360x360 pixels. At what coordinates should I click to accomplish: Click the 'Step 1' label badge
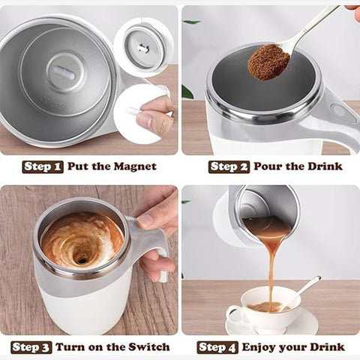click(x=43, y=166)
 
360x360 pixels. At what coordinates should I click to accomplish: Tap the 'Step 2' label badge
click(x=229, y=166)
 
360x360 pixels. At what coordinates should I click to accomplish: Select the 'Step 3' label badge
click(x=31, y=347)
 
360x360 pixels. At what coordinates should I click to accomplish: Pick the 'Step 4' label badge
click(x=217, y=347)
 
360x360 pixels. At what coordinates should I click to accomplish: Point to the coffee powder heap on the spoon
click(x=268, y=62)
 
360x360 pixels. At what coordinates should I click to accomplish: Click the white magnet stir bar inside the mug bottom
click(x=64, y=72)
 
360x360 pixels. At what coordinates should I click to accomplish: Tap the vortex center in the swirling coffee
click(x=81, y=257)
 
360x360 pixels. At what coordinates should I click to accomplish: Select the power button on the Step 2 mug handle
click(x=339, y=113)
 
